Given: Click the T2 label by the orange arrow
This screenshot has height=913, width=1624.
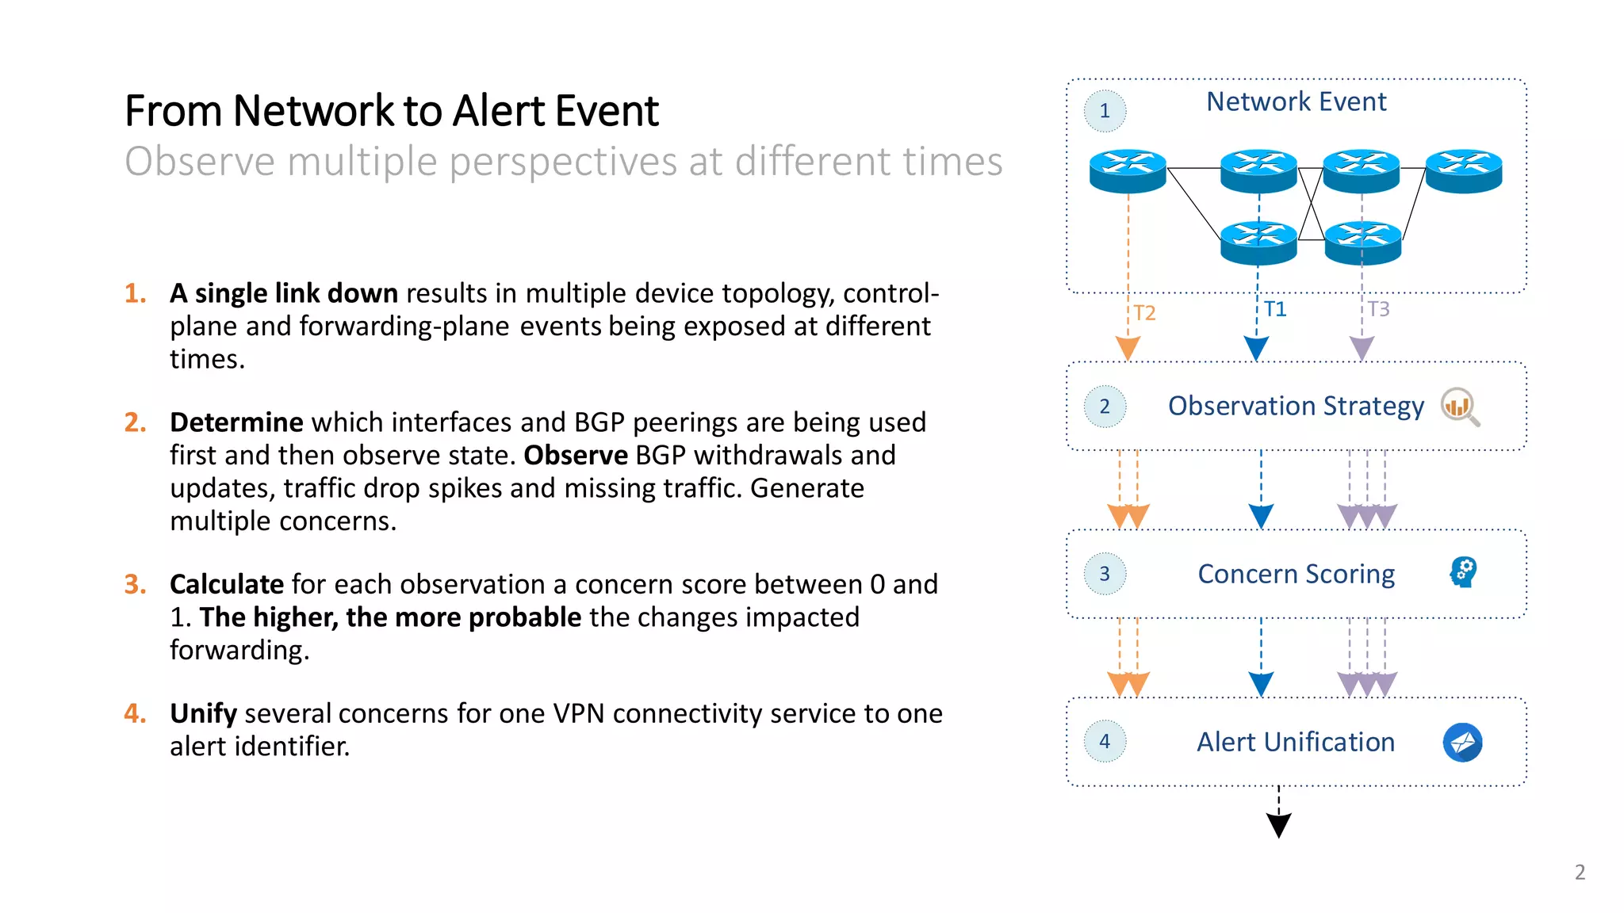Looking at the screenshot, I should (x=1143, y=313).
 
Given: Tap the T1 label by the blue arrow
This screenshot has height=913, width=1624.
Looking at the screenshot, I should (x=1274, y=309).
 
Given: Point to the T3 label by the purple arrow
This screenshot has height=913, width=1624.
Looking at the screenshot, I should (x=1378, y=309).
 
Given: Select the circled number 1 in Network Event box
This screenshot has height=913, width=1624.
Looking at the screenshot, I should (x=1105, y=111).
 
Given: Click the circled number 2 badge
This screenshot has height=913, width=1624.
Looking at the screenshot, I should (x=1105, y=407).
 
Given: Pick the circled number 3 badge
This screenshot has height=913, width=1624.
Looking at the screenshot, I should (x=1105, y=574).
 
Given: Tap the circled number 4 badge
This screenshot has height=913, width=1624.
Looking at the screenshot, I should (x=1105, y=742).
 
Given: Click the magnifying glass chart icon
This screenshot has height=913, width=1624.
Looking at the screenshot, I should (x=1460, y=407).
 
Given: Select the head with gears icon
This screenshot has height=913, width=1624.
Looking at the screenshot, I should (x=1463, y=571).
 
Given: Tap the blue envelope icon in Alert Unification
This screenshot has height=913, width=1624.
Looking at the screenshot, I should (x=1462, y=743).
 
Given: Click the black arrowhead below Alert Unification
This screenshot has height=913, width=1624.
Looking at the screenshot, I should (x=1279, y=824).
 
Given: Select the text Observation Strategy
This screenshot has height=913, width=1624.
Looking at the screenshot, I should (x=1296, y=406).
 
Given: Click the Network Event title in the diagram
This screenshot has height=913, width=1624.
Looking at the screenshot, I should (x=1296, y=102).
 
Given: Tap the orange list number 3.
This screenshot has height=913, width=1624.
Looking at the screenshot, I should (x=135, y=585).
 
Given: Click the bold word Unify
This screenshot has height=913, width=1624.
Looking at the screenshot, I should (x=203, y=714).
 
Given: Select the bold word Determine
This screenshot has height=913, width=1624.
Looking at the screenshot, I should (x=236, y=422).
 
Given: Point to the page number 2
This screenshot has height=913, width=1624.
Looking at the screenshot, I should (x=1580, y=873).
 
